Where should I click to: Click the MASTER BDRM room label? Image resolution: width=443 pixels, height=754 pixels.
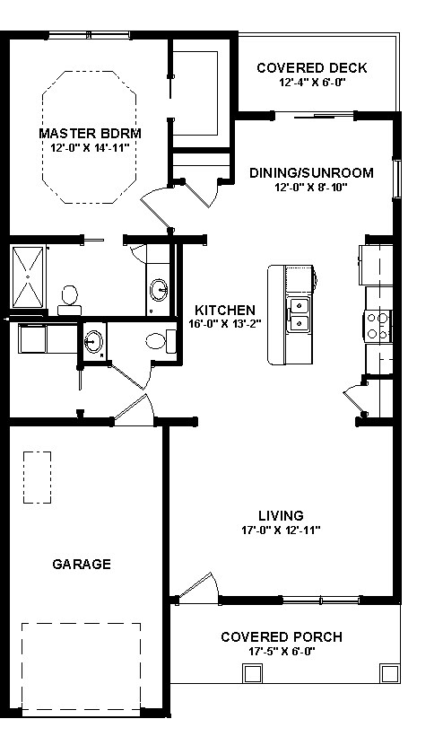click(91, 133)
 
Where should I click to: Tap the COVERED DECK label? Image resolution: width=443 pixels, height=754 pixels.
click(311, 68)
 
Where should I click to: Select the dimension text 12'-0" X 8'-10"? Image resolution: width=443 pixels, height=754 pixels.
click(311, 188)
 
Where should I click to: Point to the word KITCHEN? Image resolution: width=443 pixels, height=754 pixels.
click(218, 311)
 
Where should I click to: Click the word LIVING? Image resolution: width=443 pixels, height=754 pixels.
click(281, 515)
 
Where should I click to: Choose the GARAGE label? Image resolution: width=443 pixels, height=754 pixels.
click(82, 564)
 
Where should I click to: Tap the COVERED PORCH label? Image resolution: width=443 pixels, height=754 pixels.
click(281, 637)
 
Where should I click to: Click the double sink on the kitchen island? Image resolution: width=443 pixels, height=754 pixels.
click(300, 315)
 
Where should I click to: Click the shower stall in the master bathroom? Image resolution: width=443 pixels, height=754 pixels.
click(29, 276)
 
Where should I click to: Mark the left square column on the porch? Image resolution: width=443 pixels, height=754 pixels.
click(248, 673)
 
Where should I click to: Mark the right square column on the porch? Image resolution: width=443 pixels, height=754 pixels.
click(388, 673)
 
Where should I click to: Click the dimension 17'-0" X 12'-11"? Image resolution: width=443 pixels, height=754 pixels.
click(281, 530)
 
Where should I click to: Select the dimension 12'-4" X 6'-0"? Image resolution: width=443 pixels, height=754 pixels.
click(311, 82)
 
